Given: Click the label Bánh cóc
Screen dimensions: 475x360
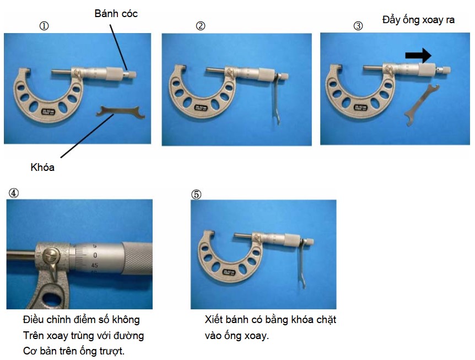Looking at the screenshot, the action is click(x=116, y=14).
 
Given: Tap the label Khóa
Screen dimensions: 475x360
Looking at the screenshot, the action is click(x=42, y=167).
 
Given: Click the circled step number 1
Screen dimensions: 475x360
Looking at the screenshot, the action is click(x=44, y=26).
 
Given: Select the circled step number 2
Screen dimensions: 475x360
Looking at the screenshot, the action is click(x=201, y=26).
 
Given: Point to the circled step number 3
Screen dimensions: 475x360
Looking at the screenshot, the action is click(x=358, y=26).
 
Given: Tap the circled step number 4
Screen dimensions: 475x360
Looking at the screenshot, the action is click(x=13, y=193).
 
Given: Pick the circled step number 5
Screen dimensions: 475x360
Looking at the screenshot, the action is click(x=196, y=194).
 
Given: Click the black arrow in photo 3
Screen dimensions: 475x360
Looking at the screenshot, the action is click(x=418, y=56).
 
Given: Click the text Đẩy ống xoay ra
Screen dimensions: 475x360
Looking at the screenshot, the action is click(x=418, y=20).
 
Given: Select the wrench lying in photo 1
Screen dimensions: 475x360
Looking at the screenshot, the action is click(x=120, y=112).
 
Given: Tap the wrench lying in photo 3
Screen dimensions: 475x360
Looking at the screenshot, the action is click(x=422, y=105).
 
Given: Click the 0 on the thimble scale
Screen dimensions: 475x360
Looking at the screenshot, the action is click(x=95, y=255).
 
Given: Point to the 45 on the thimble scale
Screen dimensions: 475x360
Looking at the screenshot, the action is click(x=95, y=265).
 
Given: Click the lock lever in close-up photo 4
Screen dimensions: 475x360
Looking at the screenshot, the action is click(x=51, y=261).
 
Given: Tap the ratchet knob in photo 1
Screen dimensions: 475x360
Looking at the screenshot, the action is click(x=131, y=74).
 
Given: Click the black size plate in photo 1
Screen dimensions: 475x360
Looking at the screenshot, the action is click(x=47, y=111).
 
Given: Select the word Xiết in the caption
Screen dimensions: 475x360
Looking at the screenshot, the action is click(x=214, y=319).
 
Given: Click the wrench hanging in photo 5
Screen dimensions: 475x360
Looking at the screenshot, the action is click(x=303, y=262).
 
